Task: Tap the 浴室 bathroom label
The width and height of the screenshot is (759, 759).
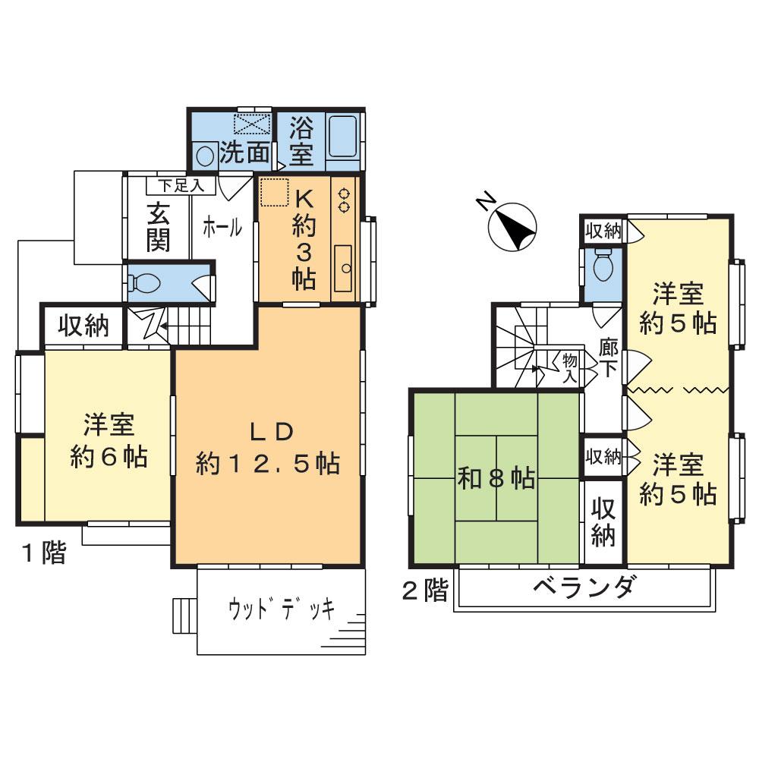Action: pos(301,140)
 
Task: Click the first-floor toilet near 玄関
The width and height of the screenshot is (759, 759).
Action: pos(146,282)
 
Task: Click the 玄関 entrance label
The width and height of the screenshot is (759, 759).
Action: pos(158,226)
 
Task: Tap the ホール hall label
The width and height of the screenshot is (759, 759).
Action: pos(222,226)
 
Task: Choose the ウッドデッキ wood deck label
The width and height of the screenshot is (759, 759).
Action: pos(281,610)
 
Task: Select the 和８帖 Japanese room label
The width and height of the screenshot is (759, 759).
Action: pos(496,479)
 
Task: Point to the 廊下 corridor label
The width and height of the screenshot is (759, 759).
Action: pos(608,358)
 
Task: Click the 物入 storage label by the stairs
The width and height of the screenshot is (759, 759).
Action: pos(569,366)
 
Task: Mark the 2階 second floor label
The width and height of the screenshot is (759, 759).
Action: pos(425,590)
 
